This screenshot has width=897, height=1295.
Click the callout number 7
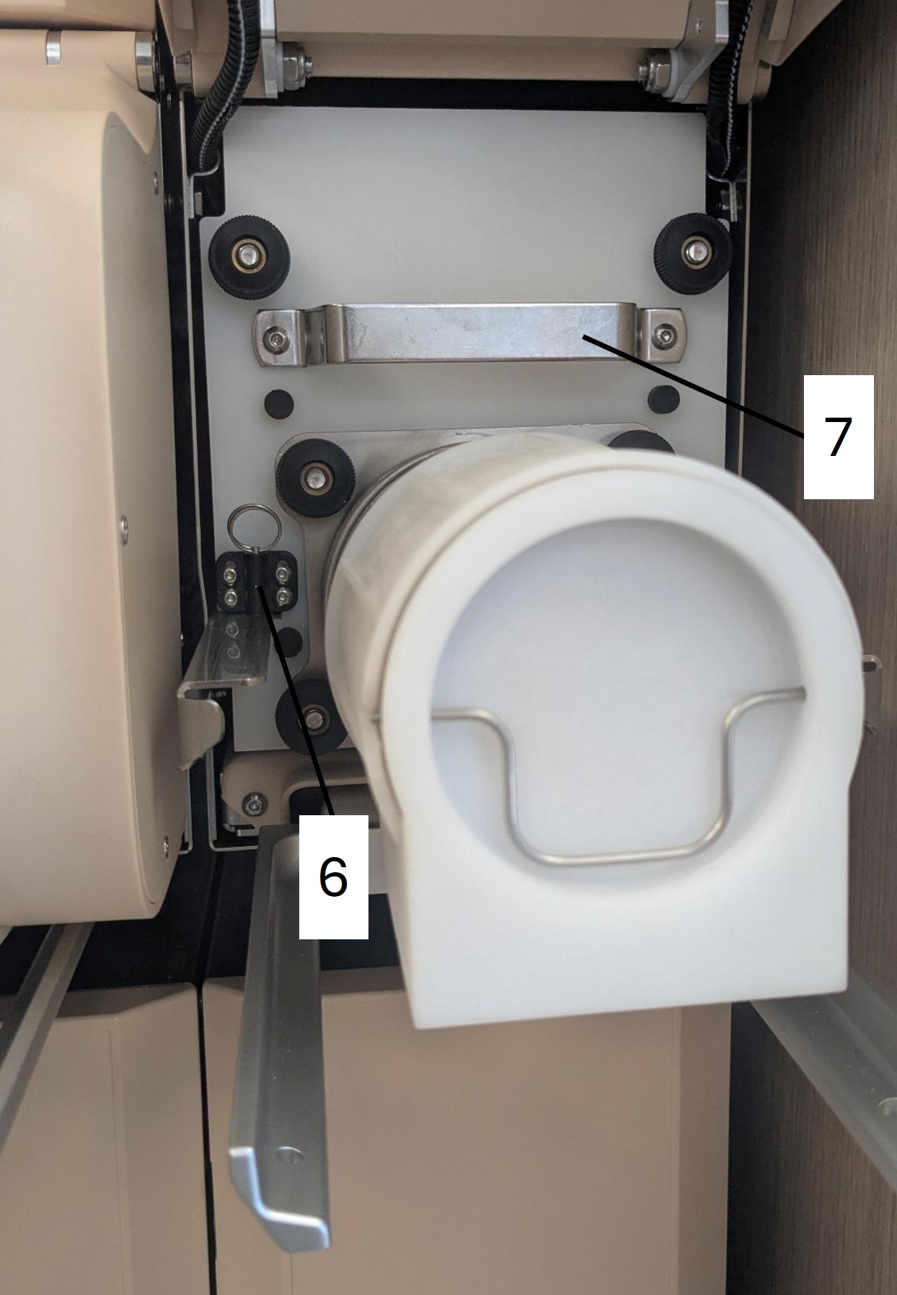coord(838,436)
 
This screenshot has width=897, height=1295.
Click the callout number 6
coord(333,877)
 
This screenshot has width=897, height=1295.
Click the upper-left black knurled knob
coord(246,256)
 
